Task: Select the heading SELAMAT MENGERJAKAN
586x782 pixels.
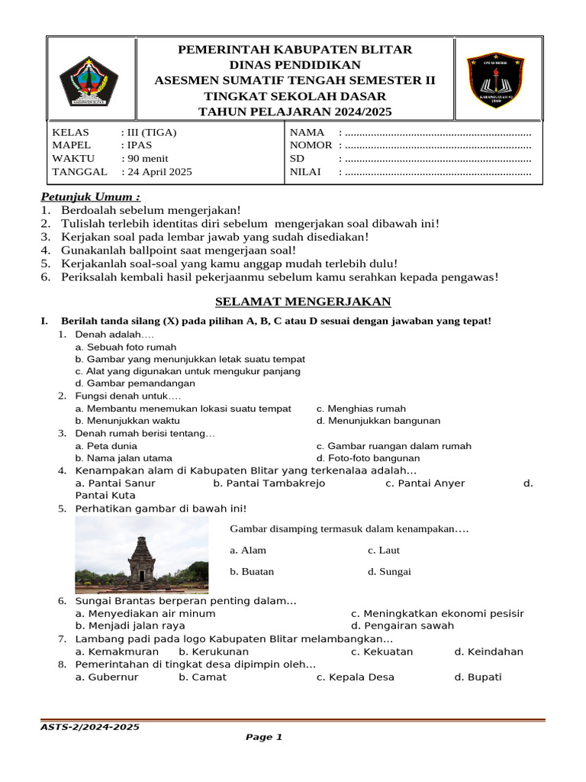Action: (x=293, y=301)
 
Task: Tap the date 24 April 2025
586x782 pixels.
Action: (x=160, y=172)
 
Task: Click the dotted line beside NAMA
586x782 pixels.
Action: (x=438, y=132)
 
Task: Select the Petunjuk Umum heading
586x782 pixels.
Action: (x=90, y=196)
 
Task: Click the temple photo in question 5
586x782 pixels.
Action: (x=142, y=554)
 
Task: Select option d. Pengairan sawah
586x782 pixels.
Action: (x=402, y=625)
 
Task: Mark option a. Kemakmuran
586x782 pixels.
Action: (x=117, y=651)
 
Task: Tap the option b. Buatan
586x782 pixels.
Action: (x=252, y=571)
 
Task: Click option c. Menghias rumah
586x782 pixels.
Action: (x=361, y=409)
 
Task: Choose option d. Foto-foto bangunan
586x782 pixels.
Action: (x=368, y=457)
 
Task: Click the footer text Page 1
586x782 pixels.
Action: (x=264, y=737)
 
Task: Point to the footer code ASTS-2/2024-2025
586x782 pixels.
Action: (x=90, y=727)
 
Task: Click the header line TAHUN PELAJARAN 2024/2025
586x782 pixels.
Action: (x=295, y=111)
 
